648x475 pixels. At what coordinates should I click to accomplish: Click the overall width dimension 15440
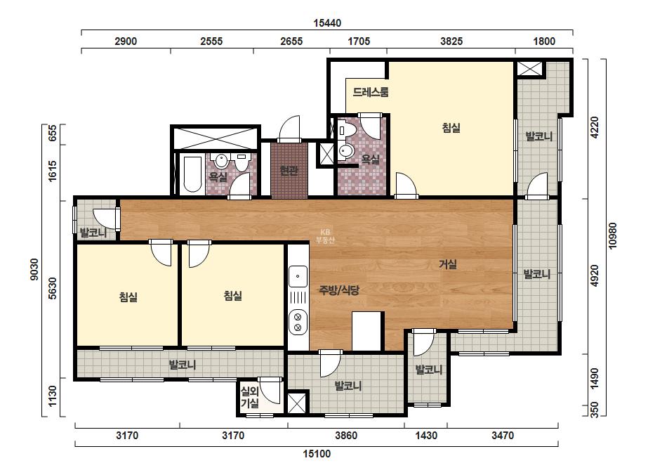point(327,22)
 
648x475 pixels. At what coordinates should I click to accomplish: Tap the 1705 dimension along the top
point(359,41)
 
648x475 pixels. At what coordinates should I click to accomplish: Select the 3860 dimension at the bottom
point(346,435)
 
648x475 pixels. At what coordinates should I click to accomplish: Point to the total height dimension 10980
point(612,236)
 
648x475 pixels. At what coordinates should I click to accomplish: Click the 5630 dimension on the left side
point(52,288)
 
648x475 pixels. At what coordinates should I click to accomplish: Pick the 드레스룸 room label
point(371,92)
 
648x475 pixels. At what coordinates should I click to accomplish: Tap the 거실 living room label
point(448,264)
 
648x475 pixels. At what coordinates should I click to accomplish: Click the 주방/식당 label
point(339,289)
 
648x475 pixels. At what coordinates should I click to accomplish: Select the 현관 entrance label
point(289,170)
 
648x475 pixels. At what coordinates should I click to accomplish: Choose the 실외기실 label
point(250,397)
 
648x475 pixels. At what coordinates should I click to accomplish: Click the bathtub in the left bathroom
point(192,174)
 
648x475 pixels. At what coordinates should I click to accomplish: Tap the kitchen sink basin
point(298,276)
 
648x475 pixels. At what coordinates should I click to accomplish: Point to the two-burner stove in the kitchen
point(298,323)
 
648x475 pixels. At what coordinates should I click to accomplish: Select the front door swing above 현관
point(289,129)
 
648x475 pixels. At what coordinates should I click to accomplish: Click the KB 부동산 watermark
point(325,236)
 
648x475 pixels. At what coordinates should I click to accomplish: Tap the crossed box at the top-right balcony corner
point(529,68)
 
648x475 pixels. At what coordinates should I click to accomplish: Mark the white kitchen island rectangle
point(366,332)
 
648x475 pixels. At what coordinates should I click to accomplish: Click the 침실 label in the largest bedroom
point(451,128)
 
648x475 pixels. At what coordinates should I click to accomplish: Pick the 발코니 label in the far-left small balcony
point(93,233)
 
